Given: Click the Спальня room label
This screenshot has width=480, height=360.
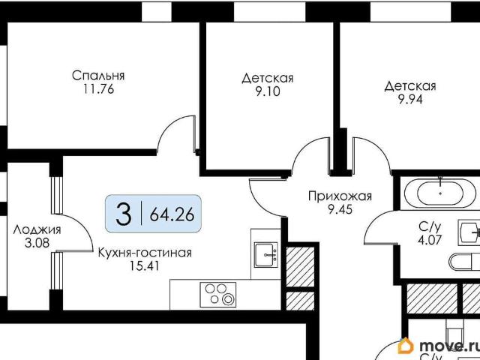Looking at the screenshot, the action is pos(98,75).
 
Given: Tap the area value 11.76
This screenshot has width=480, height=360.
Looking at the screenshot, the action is pos(98,89).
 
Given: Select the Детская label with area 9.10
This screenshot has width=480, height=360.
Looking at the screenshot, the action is pos(268,78).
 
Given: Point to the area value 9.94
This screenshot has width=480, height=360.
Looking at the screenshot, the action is pos(410,100).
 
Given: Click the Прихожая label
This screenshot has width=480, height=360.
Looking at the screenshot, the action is pos(340,196).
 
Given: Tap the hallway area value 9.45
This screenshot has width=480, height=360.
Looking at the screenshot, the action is pos(340,209).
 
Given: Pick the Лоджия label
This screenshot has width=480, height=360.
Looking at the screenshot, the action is pos(37,230).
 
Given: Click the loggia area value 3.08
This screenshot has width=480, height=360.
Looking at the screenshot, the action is pos(37,243).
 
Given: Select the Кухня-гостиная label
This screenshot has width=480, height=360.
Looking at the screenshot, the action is pos(145,253).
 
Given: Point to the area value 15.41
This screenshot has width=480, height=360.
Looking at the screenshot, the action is pos(145,266).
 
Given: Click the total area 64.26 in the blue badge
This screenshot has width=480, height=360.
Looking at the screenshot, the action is pos(172,214).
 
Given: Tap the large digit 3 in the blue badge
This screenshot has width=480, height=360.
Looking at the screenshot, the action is pos(124,214).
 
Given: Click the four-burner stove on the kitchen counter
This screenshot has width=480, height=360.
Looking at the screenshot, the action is pos(218,295).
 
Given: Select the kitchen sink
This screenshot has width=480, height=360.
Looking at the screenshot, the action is pos(266,255).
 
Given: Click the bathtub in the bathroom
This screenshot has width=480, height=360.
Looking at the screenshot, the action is pos(440,193).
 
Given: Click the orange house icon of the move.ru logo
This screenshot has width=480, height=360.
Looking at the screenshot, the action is pos(406,345).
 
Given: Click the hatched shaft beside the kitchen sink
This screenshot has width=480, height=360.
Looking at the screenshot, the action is pos(300,264).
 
